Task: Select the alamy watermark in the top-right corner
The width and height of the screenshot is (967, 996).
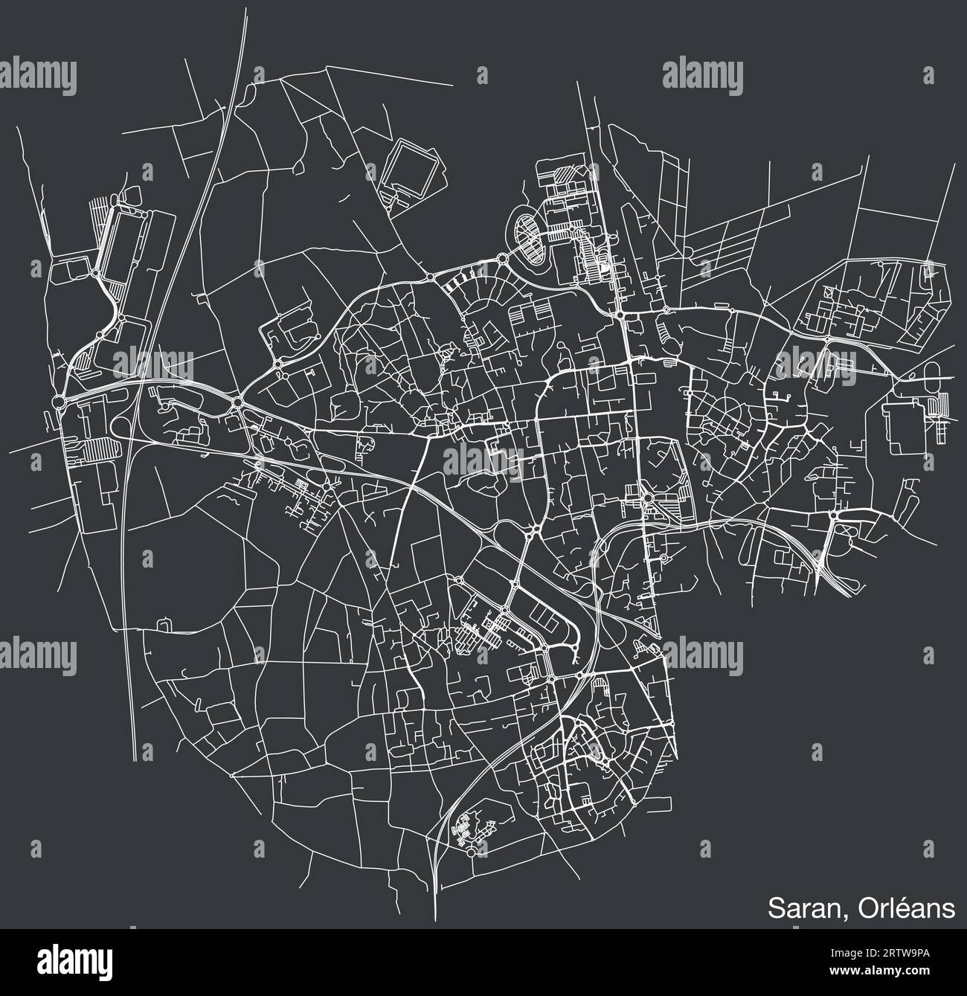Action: pyautogui.click(x=702, y=74)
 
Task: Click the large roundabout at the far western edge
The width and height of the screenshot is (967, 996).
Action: pyautogui.click(x=60, y=402)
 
